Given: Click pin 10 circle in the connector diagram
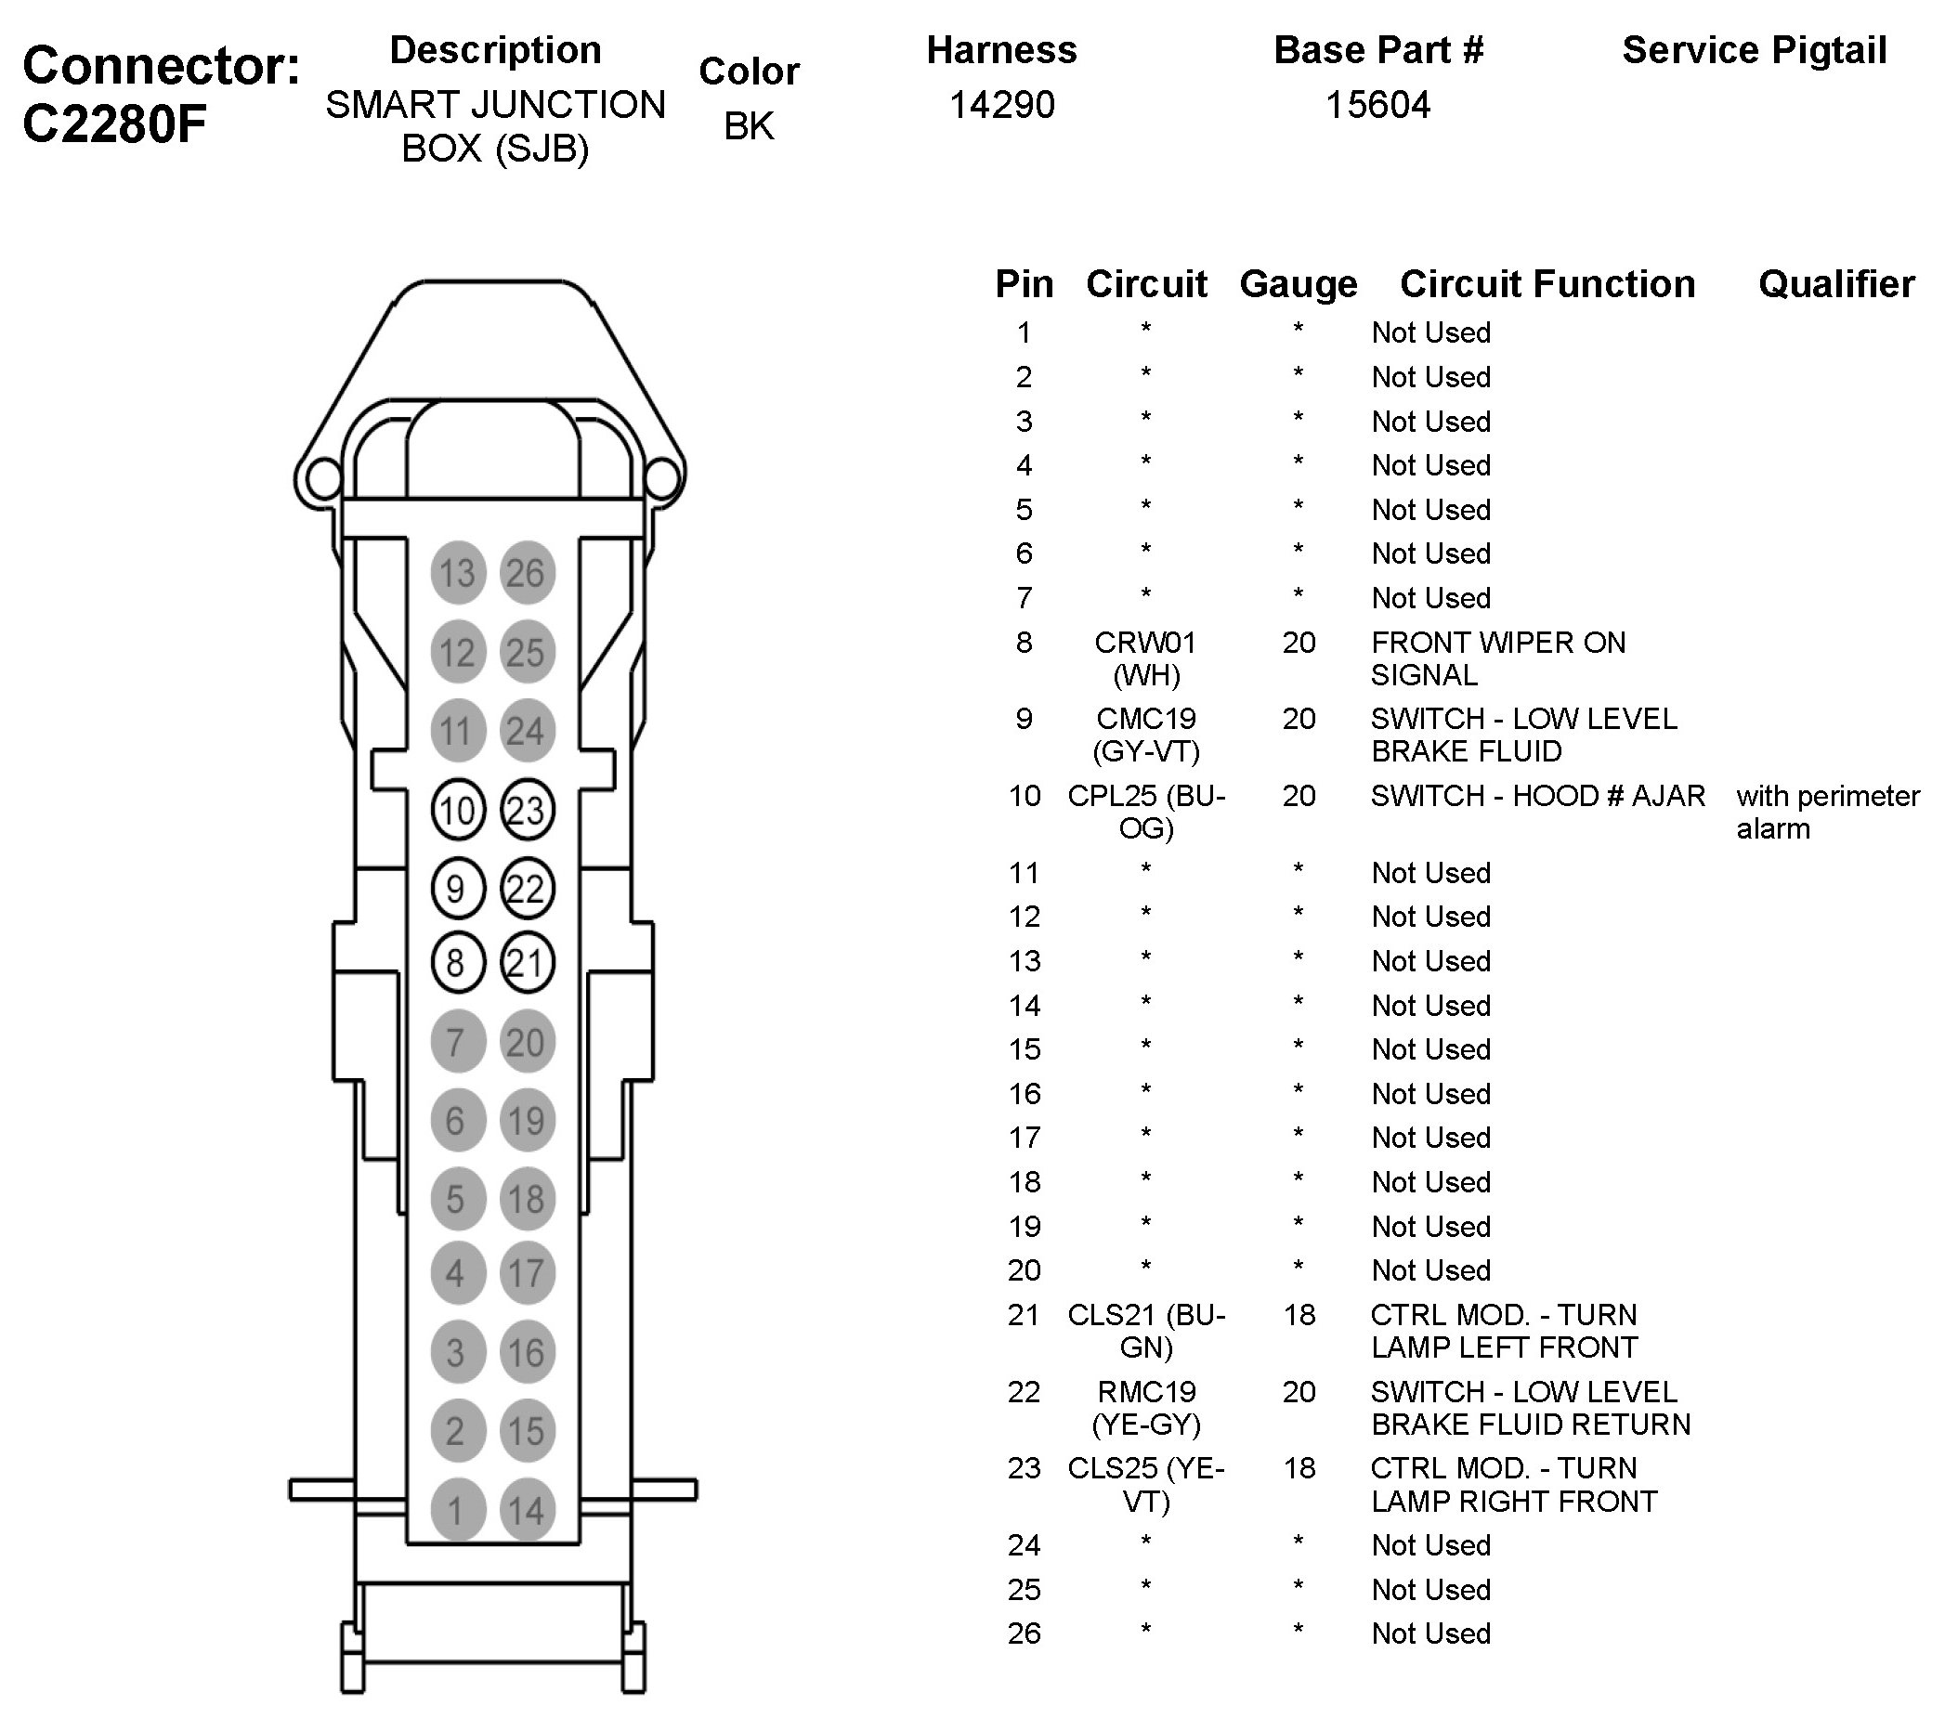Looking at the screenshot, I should [457, 811].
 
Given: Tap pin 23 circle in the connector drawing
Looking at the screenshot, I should [527, 811].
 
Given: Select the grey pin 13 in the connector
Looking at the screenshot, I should [457, 573].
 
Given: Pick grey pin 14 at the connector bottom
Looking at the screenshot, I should [527, 1511].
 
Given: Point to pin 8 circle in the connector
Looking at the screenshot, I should [457, 962].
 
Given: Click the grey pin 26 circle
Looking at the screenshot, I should [527, 573].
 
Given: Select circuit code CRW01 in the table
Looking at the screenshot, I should [1144, 643].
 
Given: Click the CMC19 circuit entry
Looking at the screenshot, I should [1144, 720].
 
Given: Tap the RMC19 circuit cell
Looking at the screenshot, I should [1144, 1392].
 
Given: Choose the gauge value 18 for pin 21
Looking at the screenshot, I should [1298, 1314].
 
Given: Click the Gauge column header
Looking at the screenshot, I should [1298, 284].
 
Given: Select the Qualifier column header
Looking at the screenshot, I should [1835, 284].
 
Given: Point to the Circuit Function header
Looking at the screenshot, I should [1547, 284].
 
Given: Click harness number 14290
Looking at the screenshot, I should [1001, 104].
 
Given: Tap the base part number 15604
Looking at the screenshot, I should [1377, 104].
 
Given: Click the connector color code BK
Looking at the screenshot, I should [748, 125].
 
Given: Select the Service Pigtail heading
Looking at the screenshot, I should [1754, 50].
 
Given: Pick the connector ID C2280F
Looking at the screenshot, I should [115, 124].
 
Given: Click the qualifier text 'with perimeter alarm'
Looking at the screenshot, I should [1827, 812].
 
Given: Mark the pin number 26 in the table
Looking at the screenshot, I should [1023, 1633].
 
